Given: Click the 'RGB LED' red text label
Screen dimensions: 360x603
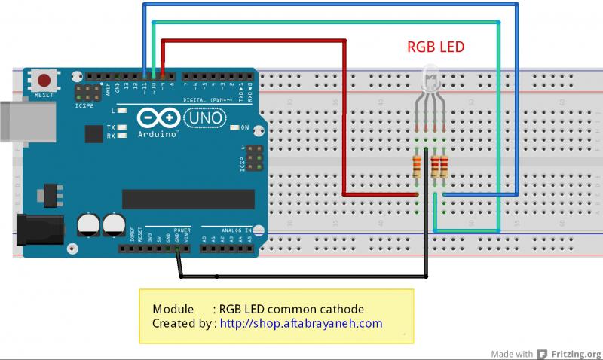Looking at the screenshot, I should coord(436,47).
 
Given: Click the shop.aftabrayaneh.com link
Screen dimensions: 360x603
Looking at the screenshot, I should coord(301,323).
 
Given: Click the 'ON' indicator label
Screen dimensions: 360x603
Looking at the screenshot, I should coord(245,127).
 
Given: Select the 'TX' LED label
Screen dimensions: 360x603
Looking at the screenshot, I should coord(111,127).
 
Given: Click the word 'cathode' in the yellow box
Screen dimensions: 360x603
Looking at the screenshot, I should coord(341,309).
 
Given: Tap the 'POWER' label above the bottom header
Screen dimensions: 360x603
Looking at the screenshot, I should coord(182,230).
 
